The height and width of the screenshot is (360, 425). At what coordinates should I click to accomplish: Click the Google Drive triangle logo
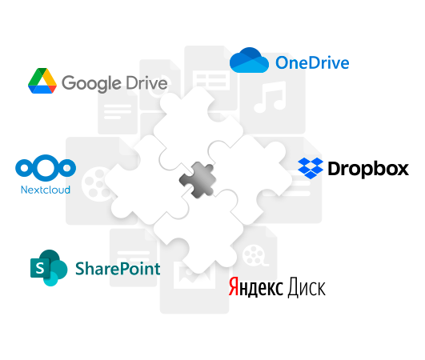click(42, 81)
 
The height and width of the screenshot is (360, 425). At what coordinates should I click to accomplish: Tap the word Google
click(91, 83)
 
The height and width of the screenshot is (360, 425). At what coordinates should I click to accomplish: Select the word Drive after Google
click(146, 82)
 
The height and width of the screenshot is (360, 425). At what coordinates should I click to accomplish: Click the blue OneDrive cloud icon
click(249, 60)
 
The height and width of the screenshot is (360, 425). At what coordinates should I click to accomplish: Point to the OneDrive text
click(312, 62)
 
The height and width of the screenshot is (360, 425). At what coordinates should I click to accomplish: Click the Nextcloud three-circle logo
click(46, 168)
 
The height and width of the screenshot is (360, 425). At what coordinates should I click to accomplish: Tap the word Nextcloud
click(46, 190)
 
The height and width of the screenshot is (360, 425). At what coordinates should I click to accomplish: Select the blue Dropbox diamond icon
click(311, 168)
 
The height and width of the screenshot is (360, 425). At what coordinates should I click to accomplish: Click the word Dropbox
click(368, 170)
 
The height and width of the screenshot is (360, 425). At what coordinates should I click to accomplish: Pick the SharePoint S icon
click(49, 268)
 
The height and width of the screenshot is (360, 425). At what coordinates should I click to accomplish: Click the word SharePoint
click(118, 269)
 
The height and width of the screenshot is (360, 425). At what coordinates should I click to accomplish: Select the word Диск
click(307, 288)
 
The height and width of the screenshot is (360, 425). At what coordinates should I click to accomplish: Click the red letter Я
click(234, 286)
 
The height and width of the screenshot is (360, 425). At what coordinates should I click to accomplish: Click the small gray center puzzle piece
click(198, 180)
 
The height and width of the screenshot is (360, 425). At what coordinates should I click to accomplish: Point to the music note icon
click(270, 98)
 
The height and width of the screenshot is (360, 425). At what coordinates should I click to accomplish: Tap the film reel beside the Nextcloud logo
click(97, 184)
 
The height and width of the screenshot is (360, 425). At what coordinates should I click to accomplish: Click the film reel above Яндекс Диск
click(255, 255)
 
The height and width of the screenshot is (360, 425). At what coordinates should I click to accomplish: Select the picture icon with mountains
click(194, 275)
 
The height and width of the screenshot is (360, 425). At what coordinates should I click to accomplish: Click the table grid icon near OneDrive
click(211, 80)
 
